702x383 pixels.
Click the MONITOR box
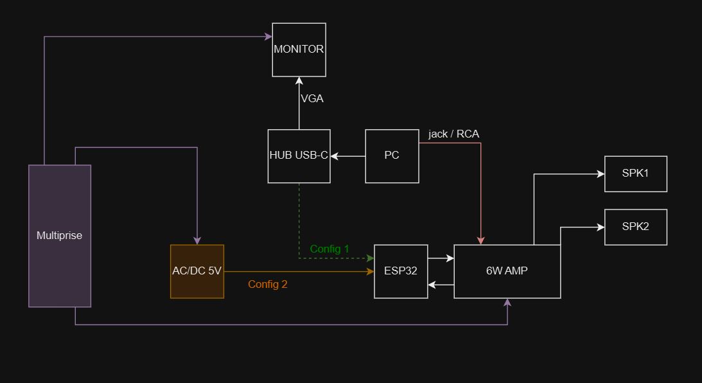click(x=299, y=49)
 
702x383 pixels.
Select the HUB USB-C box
click(x=299, y=156)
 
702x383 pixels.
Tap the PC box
click(x=392, y=156)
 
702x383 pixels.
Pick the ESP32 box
click(x=401, y=271)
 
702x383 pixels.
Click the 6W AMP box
click(x=507, y=271)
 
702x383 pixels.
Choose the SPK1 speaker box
click(x=635, y=174)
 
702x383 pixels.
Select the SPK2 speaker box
click(x=635, y=227)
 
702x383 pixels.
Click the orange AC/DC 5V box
click(x=197, y=271)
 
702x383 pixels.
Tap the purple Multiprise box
click(x=60, y=236)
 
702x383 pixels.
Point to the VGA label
click(x=312, y=99)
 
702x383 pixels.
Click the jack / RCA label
click(x=453, y=134)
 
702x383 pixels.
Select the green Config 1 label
click(x=329, y=249)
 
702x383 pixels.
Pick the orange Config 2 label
click(x=268, y=284)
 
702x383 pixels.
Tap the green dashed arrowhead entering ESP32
click(x=370, y=258)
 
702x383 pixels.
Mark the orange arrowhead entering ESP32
click(x=370, y=272)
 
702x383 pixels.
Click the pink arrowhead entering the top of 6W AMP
click(x=480, y=240)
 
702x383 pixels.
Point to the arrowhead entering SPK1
click(x=601, y=174)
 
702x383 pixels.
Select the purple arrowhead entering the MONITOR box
click(x=268, y=37)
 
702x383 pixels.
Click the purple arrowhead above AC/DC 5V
click(x=197, y=240)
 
